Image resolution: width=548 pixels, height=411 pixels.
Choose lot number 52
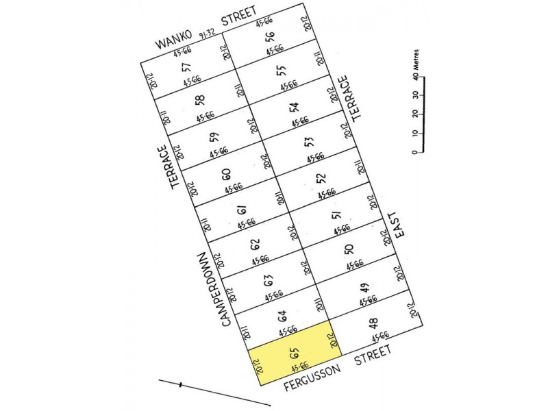(x=321, y=178)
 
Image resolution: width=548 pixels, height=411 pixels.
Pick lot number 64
(x=281, y=316)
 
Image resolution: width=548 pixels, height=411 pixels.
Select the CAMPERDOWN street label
(x=210, y=284)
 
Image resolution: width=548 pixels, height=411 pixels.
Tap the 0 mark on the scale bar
(x=415, y=151)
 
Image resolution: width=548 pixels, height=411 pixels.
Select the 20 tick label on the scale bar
(x=415, y=114)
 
